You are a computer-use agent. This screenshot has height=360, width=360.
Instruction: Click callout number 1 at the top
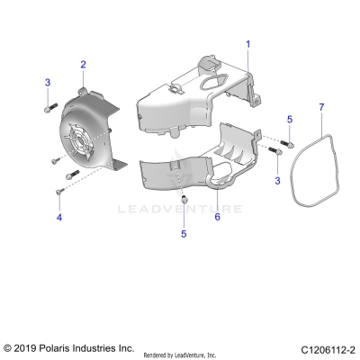tap(249, 43)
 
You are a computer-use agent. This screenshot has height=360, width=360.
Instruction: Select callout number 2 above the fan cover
tap(83, 64)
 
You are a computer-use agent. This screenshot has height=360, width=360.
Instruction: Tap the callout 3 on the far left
tap(47, 83)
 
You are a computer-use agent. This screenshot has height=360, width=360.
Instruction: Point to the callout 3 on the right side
tap(277, 181)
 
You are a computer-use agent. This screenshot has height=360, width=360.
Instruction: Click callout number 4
tap(59, 217)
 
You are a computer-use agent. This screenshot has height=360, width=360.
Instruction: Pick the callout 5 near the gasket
tap(289, 119)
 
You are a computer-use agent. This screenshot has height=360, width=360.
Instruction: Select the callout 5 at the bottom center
tap(184, 233)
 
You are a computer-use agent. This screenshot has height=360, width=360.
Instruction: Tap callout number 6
tap(216, 216)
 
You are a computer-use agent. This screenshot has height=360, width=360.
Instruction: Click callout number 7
tap(321, 108)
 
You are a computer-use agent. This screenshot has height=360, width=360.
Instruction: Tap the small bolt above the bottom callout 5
tap(183, 197)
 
